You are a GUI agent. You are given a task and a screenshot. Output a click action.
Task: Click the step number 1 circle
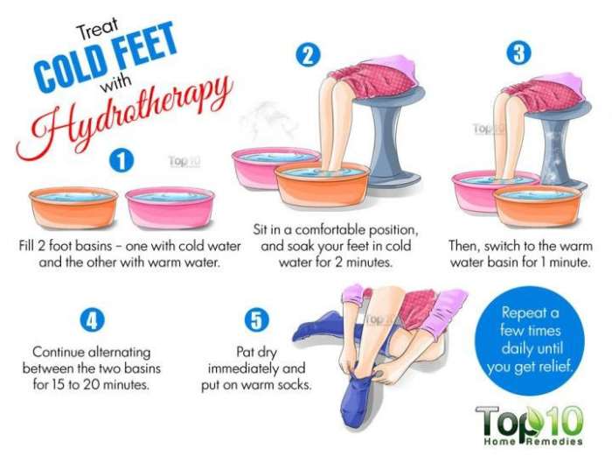[x=122, y=161]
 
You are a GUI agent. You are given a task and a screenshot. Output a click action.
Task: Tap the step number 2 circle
[x=307, y=55]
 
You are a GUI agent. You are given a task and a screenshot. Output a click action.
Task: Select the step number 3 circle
[x=520, y=54]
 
